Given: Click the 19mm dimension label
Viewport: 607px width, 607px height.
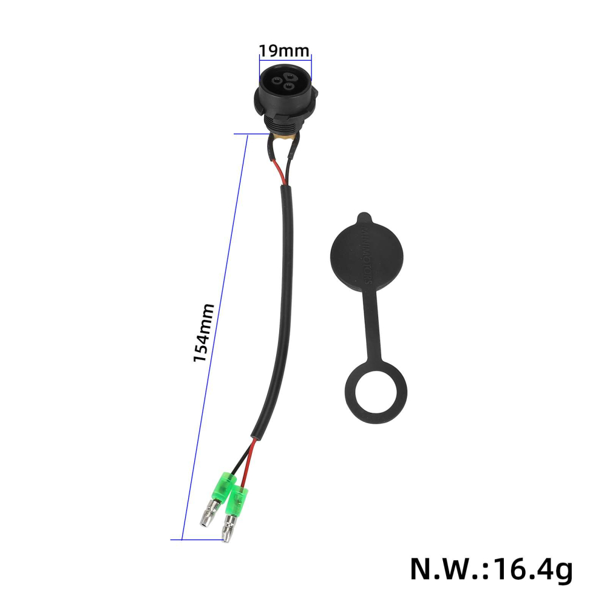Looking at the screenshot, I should coord(284,50).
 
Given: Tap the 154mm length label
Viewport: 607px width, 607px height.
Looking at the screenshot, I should coord(203,333).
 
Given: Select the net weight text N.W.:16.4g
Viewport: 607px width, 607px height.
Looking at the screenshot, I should coord(490,569).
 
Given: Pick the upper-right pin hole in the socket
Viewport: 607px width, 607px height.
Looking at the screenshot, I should coord(291,76).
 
